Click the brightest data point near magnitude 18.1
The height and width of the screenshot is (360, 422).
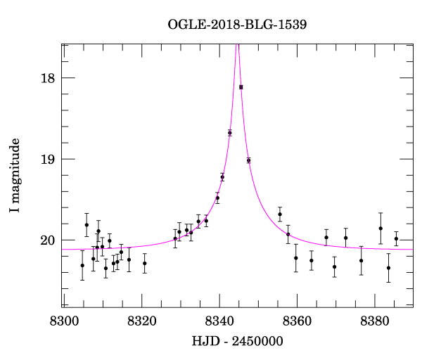[x=241, y=87]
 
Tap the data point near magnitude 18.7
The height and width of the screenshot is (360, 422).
[x=230, y=133]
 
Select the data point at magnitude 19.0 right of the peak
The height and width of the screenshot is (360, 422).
[x=249, y=160]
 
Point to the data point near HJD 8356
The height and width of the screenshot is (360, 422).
[x=280, y=214]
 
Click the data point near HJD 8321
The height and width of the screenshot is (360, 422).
[x=145, y=264]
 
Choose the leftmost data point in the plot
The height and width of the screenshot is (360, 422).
[x=82, y=265]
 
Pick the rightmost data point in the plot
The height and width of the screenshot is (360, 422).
[x=396, y=238]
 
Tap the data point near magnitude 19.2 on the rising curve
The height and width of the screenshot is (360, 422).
[x=222, y=177]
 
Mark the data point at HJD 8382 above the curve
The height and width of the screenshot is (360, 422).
[x=381, y=229]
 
